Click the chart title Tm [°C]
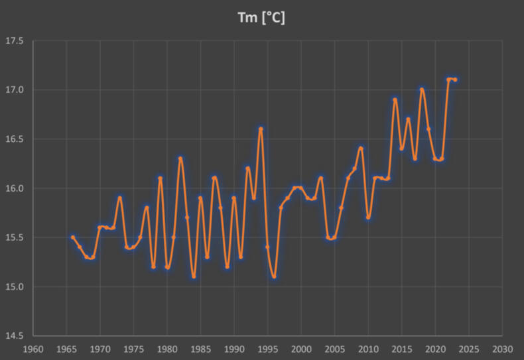coord(261,18)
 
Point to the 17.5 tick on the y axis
coord(15,41)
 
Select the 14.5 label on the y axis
coord(15,336)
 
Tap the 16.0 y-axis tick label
coord(15,188)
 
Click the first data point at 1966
coord(73,237)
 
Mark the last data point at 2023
coord(455,80)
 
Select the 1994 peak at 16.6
coord(261,129)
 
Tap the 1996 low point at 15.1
coord(274,276)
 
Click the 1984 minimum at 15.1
coord(194,276)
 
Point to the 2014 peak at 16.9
coord(395,99)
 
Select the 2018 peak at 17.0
coord(422,90)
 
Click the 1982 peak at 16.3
coord(180,158)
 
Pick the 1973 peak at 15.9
coord(120,198)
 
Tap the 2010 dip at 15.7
coord(368,217)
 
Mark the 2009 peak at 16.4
coord(361,149)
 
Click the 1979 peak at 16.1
coord(160,178)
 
